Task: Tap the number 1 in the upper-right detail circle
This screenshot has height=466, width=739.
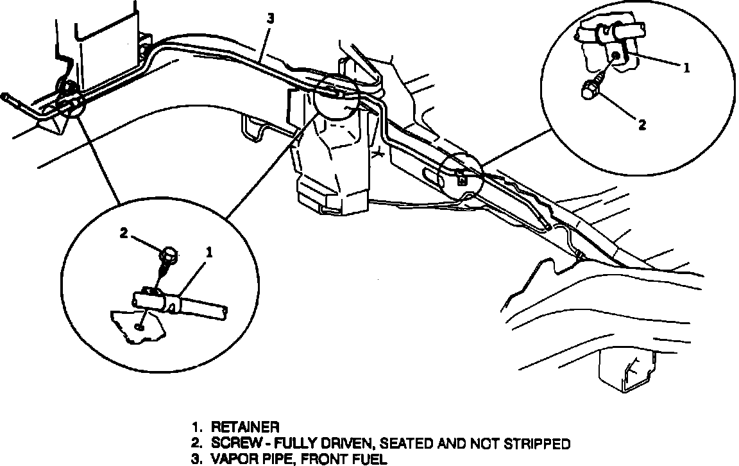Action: click(x=686, y=67)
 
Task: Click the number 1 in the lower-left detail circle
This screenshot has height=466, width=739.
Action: click(x=208, y=253)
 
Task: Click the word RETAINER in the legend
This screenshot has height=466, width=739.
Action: click(x=245, y=426)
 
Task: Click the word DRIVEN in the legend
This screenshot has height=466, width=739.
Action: click(x=338, y=443)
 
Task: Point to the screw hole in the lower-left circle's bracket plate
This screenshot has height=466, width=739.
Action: click(x=140, y=325)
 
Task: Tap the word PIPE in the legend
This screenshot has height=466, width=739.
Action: click(x=277, y=458)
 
